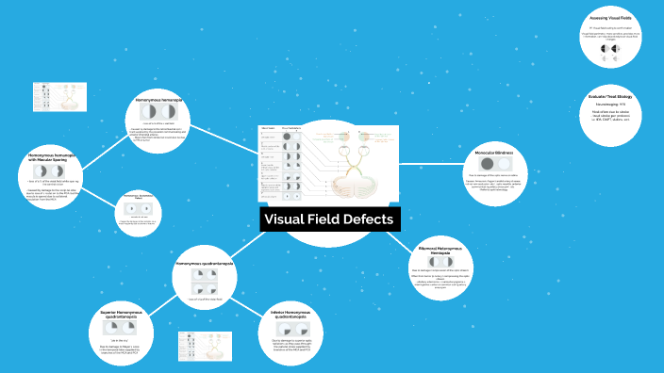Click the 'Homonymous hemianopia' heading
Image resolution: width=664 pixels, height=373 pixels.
[x=159, y=99]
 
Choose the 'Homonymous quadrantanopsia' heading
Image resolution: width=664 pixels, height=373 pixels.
[x=205, y=264]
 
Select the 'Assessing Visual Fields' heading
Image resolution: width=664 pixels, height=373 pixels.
[x=616, y=19]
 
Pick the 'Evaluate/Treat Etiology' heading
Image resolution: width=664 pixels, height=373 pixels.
[x=616, y=97]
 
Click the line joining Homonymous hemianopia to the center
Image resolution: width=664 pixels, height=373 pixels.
[x=225, y=138]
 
